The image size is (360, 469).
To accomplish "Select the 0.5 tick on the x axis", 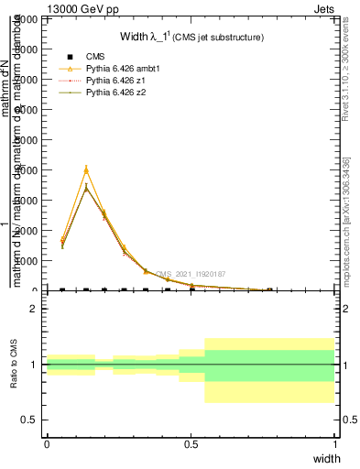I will (191, 443).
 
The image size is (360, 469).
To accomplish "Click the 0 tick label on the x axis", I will (47, 443).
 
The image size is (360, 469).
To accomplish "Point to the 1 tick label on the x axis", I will (334, 443).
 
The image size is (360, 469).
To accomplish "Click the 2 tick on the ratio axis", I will (33, 309).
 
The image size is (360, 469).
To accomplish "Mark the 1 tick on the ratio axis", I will (33, 365).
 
